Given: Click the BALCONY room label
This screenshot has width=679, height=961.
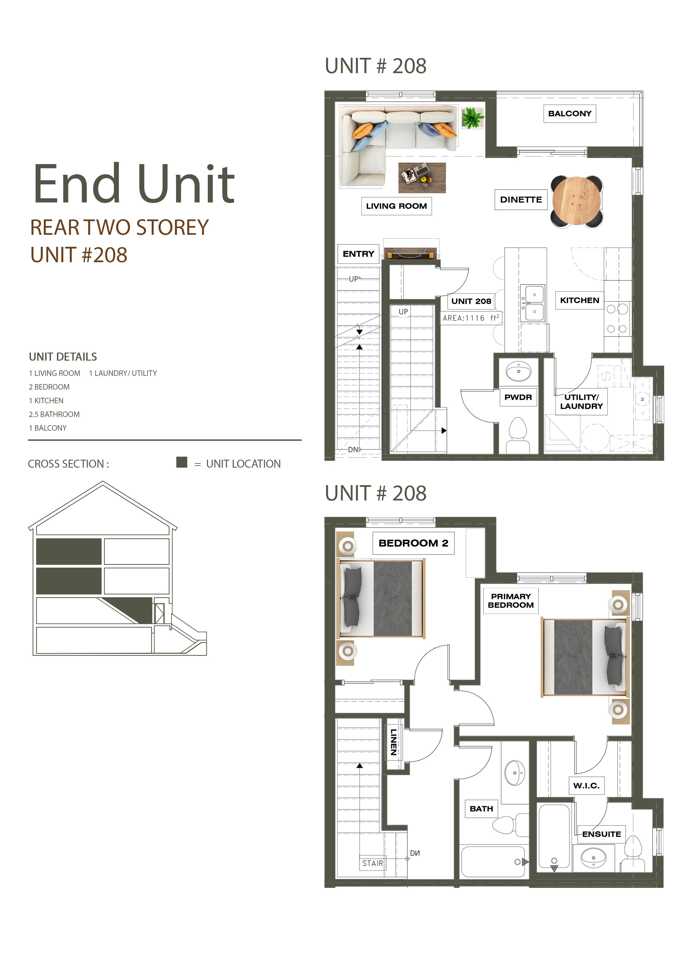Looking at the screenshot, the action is (569, 113).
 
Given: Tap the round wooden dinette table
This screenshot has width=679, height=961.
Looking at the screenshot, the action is (577, 202).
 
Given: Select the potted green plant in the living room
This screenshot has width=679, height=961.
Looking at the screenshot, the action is (473, 118).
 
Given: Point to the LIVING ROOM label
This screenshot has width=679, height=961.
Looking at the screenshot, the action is (396, 206).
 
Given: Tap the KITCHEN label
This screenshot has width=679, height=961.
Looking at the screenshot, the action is (579, 300).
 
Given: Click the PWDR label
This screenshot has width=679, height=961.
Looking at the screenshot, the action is (518, 397).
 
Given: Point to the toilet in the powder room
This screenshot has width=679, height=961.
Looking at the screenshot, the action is (518, 435).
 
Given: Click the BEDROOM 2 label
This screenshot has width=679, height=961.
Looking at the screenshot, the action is (413, 543).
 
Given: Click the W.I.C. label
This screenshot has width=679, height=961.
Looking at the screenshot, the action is (586, 786).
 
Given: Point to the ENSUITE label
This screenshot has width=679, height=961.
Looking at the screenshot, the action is (602, 834).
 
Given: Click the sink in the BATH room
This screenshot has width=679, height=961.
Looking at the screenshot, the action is (515, 773).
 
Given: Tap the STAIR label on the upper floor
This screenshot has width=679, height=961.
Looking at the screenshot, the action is (372, 863).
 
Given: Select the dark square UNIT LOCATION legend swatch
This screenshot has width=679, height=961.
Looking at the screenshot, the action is (182, 462).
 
